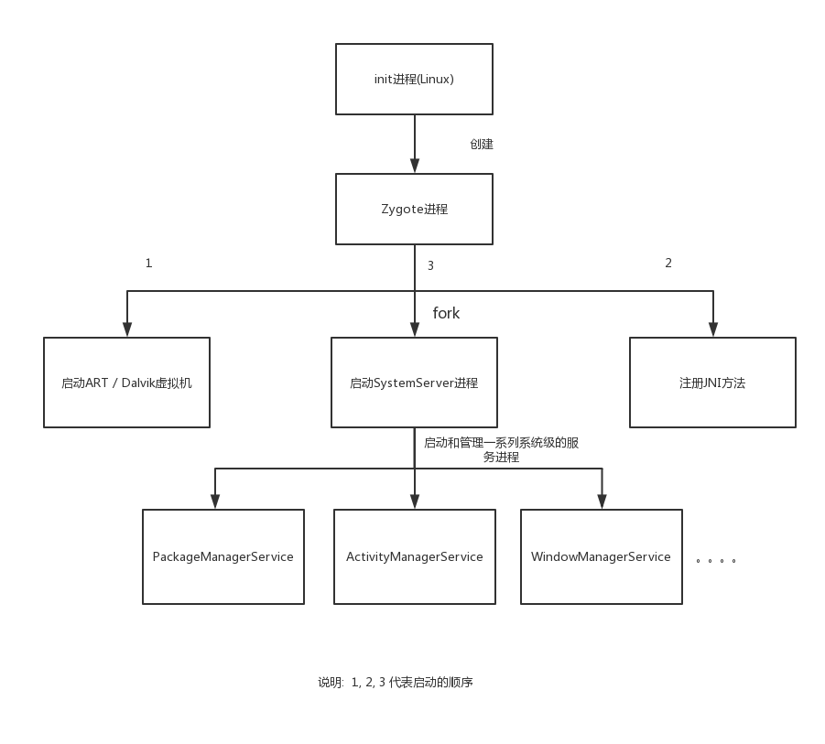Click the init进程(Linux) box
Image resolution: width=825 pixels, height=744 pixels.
tap(414, 79)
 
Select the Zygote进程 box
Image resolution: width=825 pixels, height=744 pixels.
tap(414, 209)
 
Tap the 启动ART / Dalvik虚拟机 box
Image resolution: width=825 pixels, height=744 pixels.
tap(126, 383)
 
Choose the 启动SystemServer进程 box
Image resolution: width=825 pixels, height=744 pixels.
tap(414, 383)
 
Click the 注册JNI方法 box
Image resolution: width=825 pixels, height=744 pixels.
tap(712, 383)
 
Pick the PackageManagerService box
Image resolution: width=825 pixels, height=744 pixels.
tap(223, 556)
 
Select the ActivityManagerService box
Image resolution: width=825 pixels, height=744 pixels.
tap(414, 556)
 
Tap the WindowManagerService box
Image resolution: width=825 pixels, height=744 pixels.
tap(601, 556)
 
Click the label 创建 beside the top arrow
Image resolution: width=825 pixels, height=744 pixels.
tap(482, 145)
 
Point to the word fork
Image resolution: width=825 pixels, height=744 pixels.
tap(446, 313)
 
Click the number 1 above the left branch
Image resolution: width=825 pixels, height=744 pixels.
tap(148, 264)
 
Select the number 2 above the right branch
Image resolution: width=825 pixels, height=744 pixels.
tap(668, 264)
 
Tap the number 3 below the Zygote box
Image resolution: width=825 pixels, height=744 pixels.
tap(430, 266)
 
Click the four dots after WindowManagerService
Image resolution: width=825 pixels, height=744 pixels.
tap(716, 560)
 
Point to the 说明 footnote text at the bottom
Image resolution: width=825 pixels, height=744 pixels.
tap(395, 682)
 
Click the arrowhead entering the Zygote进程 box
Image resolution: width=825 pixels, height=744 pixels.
tap(415, 166)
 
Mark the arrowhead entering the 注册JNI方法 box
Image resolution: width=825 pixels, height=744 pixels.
tap(713, 329)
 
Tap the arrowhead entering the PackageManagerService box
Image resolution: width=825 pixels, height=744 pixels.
tap(215, 501)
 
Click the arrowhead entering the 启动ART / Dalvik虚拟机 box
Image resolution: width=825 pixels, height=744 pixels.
tap(127, 329)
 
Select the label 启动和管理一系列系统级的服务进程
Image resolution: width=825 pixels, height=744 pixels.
tap(501, 449)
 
